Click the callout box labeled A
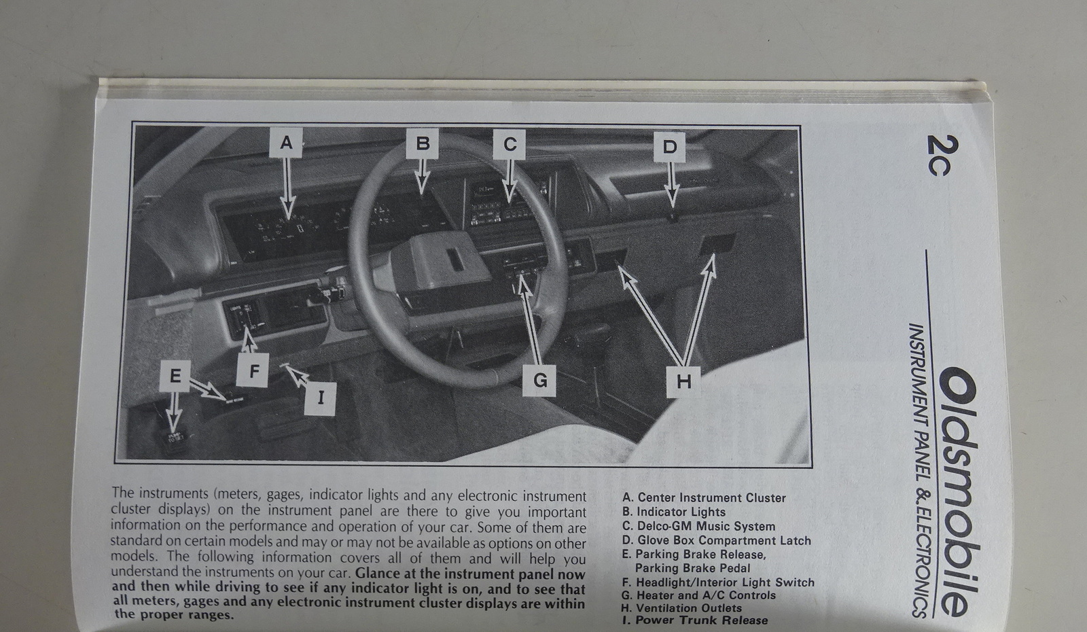point(286,143)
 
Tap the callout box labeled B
point(422,143)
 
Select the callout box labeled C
point(509,145)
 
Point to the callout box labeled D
point(669,147)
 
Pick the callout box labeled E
point(175,376)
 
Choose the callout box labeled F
point(253,370)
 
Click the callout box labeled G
point(539,380)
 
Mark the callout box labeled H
point(683,382)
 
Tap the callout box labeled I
point(320,398)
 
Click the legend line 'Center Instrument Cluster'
point(704,497)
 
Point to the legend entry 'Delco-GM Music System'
point(698,526)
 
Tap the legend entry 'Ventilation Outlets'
point(681,608)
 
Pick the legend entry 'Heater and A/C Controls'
point(698,595)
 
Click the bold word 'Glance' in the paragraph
point(378,574)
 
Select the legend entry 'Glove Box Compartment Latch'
point(716,540)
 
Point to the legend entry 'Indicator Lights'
point(673,512)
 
